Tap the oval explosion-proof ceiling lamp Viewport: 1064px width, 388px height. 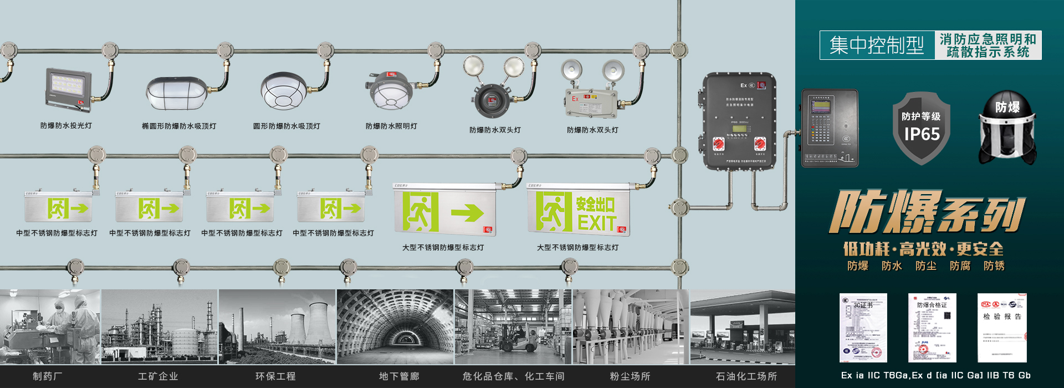point(177,93)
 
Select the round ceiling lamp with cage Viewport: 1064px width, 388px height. point(284,91)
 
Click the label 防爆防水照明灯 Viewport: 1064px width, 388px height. point(391,126)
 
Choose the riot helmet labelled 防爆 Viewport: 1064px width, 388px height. point(1007,129)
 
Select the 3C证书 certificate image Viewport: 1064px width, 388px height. point(863,328)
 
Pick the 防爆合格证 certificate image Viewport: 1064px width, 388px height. point(932,328)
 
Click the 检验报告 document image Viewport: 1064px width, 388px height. point(1002,328)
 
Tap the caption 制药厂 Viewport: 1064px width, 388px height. point(47,376)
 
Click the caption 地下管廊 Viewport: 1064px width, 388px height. point(399,376)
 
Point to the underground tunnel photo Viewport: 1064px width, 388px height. point(395,327)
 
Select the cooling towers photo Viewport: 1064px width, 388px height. point(277,327)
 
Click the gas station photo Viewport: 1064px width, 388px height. point(743,327)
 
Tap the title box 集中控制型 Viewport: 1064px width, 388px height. point(877,45)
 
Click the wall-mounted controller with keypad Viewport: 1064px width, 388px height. point(830,128)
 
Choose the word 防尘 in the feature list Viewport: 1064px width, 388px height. point(925,266)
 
